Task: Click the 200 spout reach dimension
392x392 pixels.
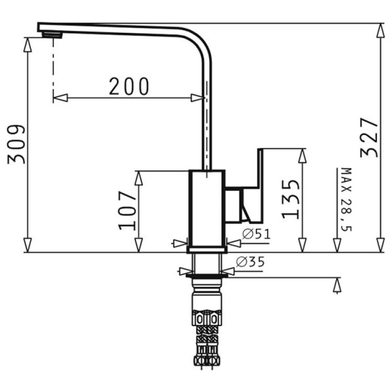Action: click(x=129, y=86)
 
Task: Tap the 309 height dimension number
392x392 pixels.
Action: click(x=17, y=144)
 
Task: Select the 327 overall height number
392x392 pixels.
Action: click(x=369, y=137)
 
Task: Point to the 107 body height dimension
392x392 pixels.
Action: click(x=128, y=211)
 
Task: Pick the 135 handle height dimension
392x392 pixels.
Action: click(x=291, y=199)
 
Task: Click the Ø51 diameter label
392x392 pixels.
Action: click(x=257, y=234)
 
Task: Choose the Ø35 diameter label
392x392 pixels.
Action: click(x=250, y=262)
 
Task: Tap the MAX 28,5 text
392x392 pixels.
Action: click(x=346, y=200)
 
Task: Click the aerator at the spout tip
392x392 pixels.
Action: click(x=52, y=35)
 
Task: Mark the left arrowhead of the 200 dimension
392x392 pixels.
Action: click(x=60, y=98)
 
